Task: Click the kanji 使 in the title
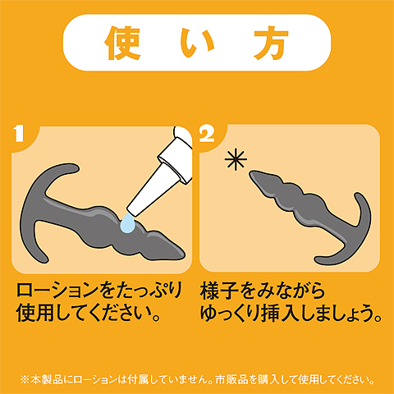123,43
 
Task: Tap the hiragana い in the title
197,44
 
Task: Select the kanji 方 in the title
271,43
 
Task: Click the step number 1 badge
19,134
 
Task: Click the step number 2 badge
207,134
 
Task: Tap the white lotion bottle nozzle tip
133,211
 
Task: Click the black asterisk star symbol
236,159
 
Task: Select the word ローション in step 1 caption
57,291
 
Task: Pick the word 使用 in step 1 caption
34,314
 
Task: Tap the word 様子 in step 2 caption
219,291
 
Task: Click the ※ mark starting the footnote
25,380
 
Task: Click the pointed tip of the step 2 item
251,173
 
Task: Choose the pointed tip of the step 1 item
184,255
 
